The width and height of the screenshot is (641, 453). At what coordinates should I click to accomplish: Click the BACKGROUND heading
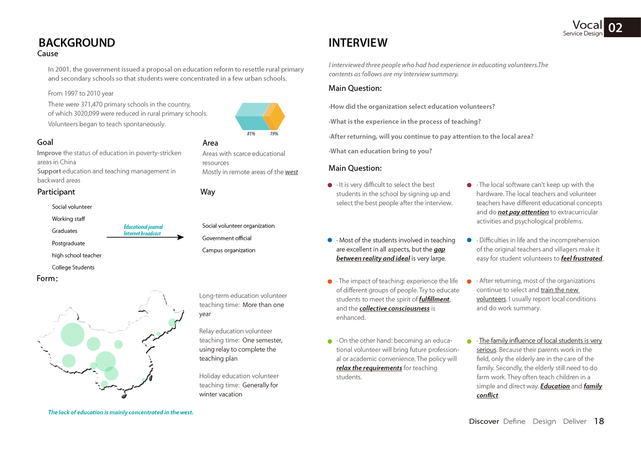coord(77,43)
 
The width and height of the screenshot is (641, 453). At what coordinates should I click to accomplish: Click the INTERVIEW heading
coord(358,43)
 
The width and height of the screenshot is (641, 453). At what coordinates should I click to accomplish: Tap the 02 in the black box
coord(615,28)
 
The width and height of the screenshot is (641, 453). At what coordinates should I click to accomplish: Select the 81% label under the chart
coord(251,134)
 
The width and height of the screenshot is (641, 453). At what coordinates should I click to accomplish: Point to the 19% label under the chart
coord(274,134)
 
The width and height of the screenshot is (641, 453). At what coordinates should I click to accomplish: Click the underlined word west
coord(292,172)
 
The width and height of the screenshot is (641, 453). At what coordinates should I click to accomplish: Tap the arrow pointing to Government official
coord(145,237)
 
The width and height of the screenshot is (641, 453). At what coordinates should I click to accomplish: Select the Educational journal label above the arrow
coord(143,227)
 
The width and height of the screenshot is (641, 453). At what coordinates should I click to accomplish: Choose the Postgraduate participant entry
coord(68,243)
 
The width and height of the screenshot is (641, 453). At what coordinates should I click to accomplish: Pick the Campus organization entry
coord(228,250)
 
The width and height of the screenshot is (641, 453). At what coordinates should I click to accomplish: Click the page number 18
coord(599,421)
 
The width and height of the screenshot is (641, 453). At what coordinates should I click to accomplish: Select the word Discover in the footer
coord(483,421)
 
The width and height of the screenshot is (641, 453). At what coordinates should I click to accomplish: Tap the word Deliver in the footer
coord(575,421)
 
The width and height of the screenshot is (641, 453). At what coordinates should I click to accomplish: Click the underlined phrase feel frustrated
coord(581,259)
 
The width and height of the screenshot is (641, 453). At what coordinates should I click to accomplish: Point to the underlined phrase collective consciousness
coord(394,308)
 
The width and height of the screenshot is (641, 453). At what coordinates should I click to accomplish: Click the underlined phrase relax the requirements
coord(369,368)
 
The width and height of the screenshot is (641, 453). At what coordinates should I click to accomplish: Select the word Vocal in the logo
coord(587,25)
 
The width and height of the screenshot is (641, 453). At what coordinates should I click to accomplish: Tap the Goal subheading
coord(45,142)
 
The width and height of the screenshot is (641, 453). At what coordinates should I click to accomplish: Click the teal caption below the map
coord(121,412)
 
